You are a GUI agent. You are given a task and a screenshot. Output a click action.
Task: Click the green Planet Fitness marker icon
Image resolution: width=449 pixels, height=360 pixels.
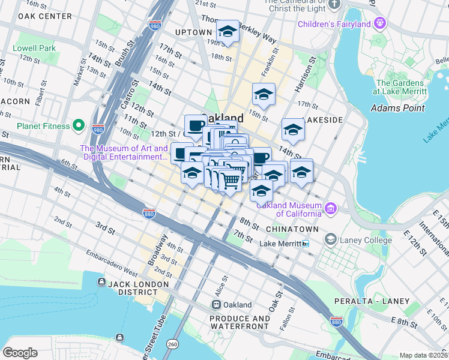(78, 126)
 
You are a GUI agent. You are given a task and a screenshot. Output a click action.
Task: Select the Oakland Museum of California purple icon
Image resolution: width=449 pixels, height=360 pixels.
(330, 208)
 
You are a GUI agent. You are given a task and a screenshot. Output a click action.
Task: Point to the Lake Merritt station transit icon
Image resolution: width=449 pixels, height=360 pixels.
(306, 244)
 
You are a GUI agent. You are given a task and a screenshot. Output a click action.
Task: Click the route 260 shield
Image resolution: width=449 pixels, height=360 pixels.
(173, 344)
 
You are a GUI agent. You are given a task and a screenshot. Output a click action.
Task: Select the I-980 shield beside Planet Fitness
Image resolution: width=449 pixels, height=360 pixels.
(98, 128)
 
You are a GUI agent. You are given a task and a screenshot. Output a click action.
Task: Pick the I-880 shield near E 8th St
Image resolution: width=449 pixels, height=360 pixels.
(337, 322)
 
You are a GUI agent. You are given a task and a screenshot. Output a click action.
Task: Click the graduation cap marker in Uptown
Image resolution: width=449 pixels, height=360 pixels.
(228, 31)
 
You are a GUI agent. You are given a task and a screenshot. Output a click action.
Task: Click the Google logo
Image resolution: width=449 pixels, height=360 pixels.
(20, 352)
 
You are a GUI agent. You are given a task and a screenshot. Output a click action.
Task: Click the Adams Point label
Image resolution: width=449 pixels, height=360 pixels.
(397, 108)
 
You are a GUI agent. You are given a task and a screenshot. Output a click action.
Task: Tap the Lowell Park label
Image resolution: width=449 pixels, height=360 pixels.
(37, 47)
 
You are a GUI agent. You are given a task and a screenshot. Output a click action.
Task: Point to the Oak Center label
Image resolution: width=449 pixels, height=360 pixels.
(45, 16)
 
